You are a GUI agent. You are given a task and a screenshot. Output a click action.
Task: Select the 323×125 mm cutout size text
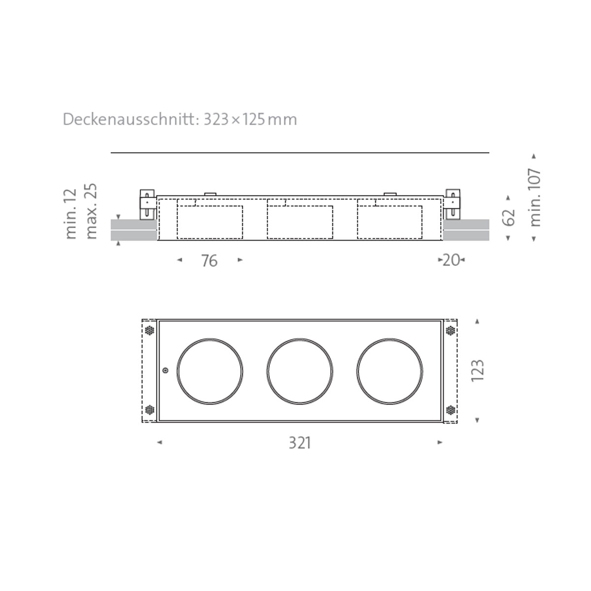[250, 120]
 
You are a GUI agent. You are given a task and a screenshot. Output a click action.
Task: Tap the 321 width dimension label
[299, 443]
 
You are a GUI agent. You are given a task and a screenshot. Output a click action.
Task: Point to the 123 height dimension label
[478, 370]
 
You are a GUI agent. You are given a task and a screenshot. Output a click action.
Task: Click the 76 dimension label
[209, 261]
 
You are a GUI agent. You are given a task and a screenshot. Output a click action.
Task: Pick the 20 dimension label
[451, 260]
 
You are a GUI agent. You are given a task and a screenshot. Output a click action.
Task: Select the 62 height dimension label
[509, 217]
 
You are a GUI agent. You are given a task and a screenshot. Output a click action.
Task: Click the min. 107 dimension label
[535, 197]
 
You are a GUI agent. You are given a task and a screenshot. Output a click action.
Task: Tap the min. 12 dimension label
[71, 213]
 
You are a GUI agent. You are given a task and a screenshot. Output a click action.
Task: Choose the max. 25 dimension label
[92, 211]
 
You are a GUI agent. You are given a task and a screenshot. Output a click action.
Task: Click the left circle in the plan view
[210, 371]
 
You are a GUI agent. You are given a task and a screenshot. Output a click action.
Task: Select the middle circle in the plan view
[299, 371]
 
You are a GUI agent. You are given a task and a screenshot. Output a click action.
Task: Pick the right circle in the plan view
[390, 371]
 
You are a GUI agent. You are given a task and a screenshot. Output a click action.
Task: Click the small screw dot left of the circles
[165, 370]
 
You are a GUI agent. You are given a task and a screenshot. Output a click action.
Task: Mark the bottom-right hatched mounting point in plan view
[450, 409]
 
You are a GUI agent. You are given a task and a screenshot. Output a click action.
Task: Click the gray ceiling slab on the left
[133, 230]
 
